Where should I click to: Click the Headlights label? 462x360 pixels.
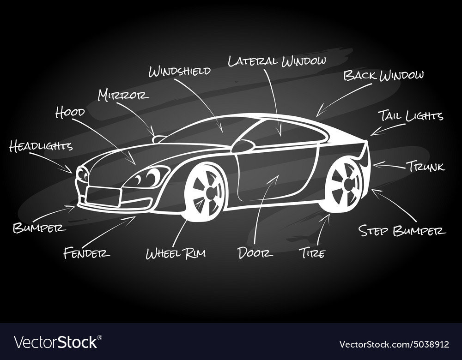point(41,146)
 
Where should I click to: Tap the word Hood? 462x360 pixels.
point(70,112)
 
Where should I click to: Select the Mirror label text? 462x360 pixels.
point(123,95)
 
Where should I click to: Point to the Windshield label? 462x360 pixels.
point(179,71)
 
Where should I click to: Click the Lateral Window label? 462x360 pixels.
point(277,60)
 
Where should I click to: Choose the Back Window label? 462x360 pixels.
point(383,75)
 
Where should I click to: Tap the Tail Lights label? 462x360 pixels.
point(411,115)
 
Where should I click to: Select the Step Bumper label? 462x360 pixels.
point(402,230)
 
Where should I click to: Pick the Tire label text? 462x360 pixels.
point(313,253)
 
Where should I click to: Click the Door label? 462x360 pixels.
point(255,252)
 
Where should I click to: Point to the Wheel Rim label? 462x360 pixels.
point(176,253)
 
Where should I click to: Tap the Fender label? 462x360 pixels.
point(86,252)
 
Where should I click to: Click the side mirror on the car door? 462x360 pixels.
point(243,146)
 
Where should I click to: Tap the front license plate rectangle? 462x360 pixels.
point(104,196)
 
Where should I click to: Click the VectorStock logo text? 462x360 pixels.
point(56,342)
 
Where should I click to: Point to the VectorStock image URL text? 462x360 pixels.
point(394,344)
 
